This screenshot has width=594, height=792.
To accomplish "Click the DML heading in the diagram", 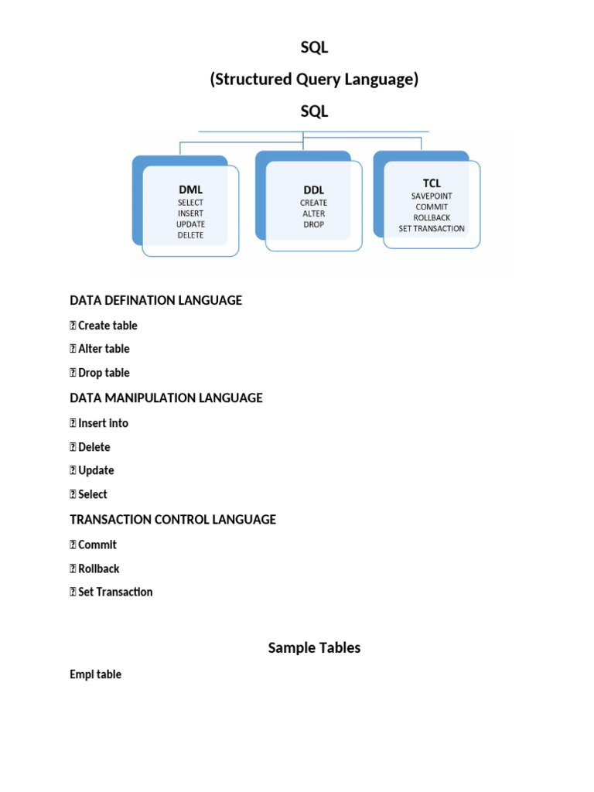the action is click(190, 189).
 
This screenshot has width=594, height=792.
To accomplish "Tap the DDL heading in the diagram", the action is click(313, 189).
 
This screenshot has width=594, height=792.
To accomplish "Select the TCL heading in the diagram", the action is click(432, 183).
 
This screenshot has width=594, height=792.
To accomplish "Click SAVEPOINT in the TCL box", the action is click(432, 196).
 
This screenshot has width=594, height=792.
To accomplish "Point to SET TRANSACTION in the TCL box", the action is click(432, 229).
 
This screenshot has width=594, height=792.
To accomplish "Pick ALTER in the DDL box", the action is click(313, 213).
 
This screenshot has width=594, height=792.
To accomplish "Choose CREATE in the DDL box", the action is click(313, 203).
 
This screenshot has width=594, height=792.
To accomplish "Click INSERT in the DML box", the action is click(190, 213).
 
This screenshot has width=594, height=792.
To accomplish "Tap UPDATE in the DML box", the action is click(190, 224).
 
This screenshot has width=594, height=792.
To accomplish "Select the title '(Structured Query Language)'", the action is click(314, 80).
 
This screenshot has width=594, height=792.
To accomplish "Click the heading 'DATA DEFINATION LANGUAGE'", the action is click(155, 300).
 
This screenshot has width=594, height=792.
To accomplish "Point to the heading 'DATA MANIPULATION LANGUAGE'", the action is click(166, 398).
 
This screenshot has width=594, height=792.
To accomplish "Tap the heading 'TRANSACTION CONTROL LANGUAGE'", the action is click(172, 520).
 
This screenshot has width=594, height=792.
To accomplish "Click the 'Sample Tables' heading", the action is click(314, 648).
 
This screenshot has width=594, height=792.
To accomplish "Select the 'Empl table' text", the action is click(95, 674).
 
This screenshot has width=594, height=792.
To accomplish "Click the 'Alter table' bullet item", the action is click(104, 349).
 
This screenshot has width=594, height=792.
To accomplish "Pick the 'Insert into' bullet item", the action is click(103, 423).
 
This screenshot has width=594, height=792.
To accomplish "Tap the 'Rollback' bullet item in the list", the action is click(99, 568).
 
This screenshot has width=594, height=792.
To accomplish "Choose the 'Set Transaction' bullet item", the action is click(115, 592).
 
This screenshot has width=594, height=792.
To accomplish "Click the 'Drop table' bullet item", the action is click(104, 373).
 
